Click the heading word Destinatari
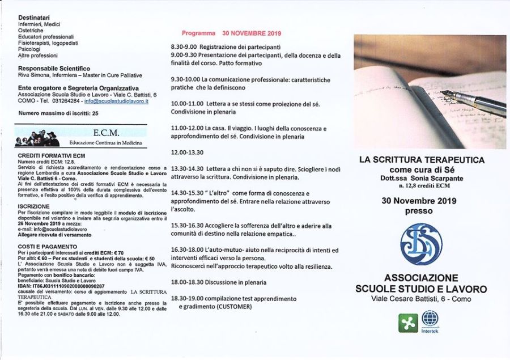[x=34, y=18]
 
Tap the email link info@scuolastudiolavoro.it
[x=116, y=101]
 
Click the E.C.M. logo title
[x=105, y=133]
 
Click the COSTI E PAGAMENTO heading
[x=47, y=247]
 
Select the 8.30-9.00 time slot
[x=184, y=47]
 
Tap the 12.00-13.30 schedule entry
[x=187, y=153]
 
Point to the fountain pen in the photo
[x=473, y=101]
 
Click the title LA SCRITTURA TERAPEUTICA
[x=422, y=160]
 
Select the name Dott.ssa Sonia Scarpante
[x=422, y=177]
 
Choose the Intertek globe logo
[x=430, y=318]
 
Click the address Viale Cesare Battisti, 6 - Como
[x=421, y=299]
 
